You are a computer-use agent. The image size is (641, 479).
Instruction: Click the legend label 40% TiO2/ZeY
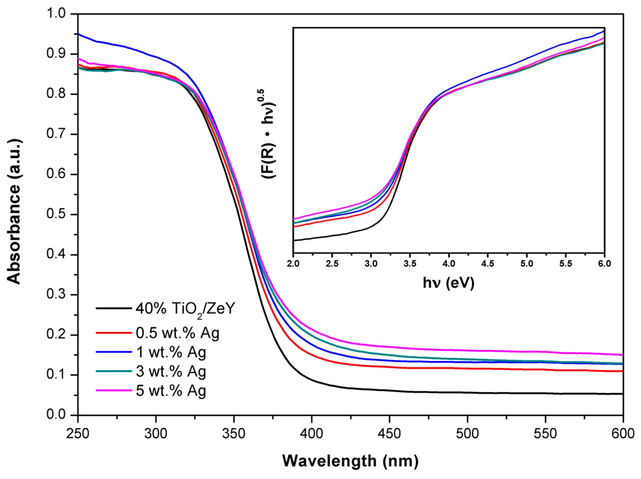click(x=185, y=309)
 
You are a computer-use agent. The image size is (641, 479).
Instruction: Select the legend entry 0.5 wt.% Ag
click(x=178, y=333)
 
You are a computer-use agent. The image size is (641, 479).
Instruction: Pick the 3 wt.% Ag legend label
click(x=171, y=372)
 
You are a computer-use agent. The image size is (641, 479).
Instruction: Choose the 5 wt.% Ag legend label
click(x=171, y=391)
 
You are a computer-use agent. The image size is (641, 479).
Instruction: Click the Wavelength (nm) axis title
click(x=350, y=461)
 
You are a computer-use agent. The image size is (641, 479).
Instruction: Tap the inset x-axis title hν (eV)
click(x=449, y=283)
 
